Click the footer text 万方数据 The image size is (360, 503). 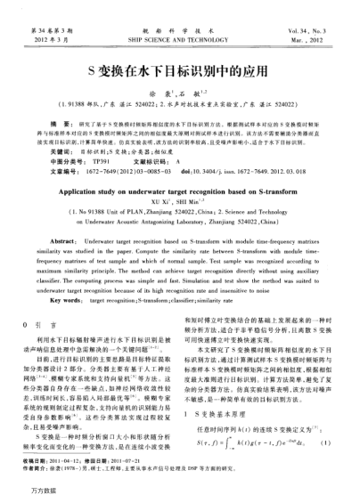coord(26,493)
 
